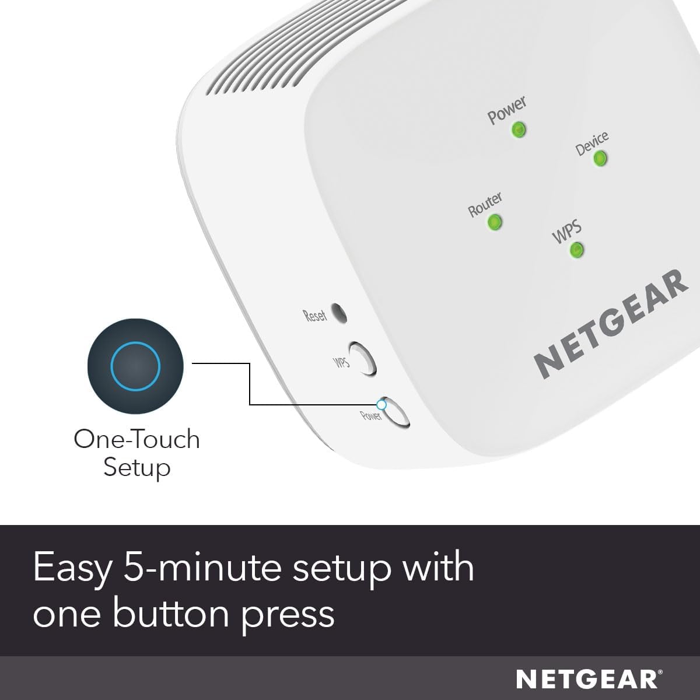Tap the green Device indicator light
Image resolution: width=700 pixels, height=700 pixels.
pyautogui.click(x=600, y=159)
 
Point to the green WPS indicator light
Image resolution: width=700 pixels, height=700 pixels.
pyautogui.click(x=576, y=250)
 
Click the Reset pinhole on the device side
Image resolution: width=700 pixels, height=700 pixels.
pyautogui.click(x=338, y=313)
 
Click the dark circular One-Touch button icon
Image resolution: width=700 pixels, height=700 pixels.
pyautogui.click(x=135, y=366)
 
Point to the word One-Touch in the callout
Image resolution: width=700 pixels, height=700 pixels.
pyautogui.click(x=136, y=439)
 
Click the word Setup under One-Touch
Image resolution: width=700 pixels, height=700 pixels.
pyautogui.click(x=136, y=467)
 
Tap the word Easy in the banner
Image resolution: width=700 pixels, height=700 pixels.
pyautogui.click(x=71, y=568)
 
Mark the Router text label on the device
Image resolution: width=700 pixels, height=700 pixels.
pyautogui.click(x=485, y=205)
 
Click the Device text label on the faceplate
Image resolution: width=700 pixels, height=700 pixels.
pyautogui.click(x=591, y=143)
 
